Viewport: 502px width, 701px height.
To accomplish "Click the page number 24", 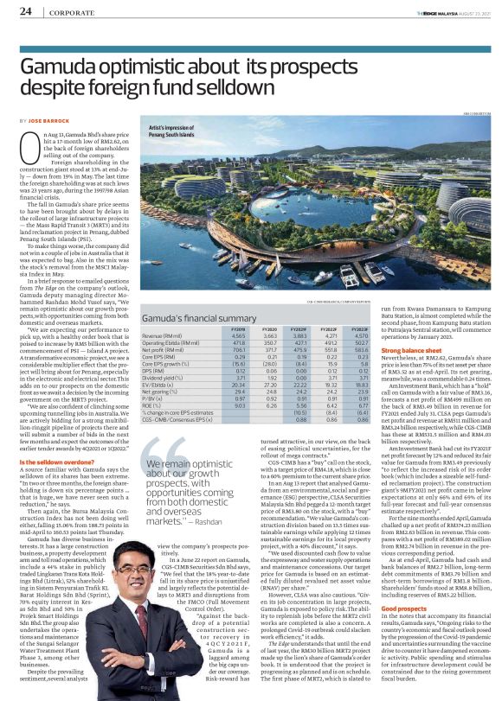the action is pyautogui.click(x=26, y=12).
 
